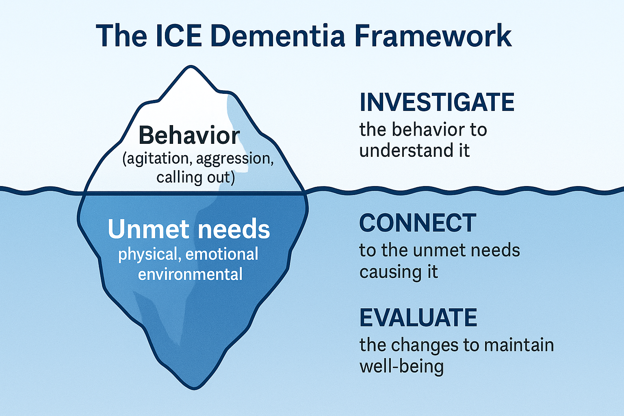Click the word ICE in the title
click(x=179, y=36)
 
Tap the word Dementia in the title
click(x=278, y=36)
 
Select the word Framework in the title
click(x=433, y=36)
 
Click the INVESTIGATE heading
click(x=437, y=102)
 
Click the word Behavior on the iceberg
click(x=189, y=135)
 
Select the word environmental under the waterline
click(x=190, y=274)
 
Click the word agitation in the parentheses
click(x=158, y=158)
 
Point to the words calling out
click(x=195, y=178)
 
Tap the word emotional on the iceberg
click(x=222, y=254)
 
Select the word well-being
click(x=402, y=366)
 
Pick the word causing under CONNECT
click(x=390, y=272)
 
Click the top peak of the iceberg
click(x=191, y=66)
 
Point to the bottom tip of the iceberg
click(x=194, y=389)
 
